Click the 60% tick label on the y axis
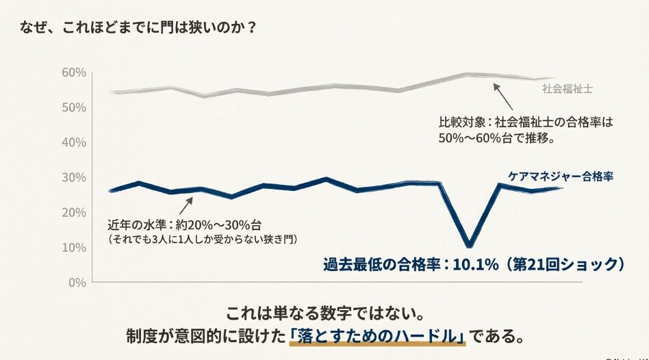(73, 73)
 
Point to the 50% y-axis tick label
(73, 107)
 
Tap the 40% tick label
(73, 142)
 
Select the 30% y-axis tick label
(73, 177)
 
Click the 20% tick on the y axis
(73, 212)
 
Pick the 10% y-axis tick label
(73, 247)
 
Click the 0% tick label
(76, 282)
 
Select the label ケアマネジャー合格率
(560, 176)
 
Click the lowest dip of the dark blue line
(469, 244)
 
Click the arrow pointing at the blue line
(186, 205)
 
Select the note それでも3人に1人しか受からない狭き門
(205, 239)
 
